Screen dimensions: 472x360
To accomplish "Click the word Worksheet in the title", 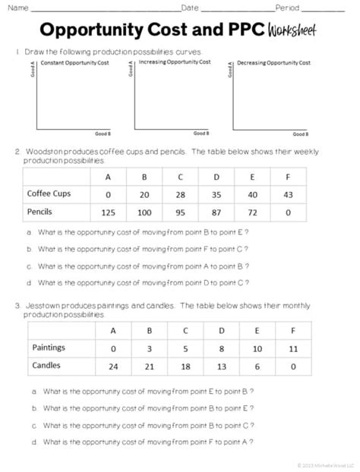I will pyautogui.click(x=290, y=32).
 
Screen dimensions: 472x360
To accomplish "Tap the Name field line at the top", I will pyautogui.click(x=103, y=9).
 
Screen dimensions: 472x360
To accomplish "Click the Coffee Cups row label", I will pyautogui.click(x=49, y=194).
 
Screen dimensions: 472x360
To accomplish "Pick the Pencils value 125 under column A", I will pyautogui.click(x=108, y=212).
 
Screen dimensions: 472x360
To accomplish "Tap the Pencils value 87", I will pyautogui.click(x=216, y=212).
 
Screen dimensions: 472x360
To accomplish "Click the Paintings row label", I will pyautogui.click(x=49, y=348).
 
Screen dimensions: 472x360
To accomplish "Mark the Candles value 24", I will pyautogui.click(x=113, y=365).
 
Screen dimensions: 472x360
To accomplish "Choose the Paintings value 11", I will pyautogui.click(x=293, y=348).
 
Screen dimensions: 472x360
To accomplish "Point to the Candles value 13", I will pyautogui.click(x=221, y=365).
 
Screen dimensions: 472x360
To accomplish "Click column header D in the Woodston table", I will pyautogui.click(x=216, y=176).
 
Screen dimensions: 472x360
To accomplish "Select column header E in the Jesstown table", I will pyautogui.click(x=257, y=330).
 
